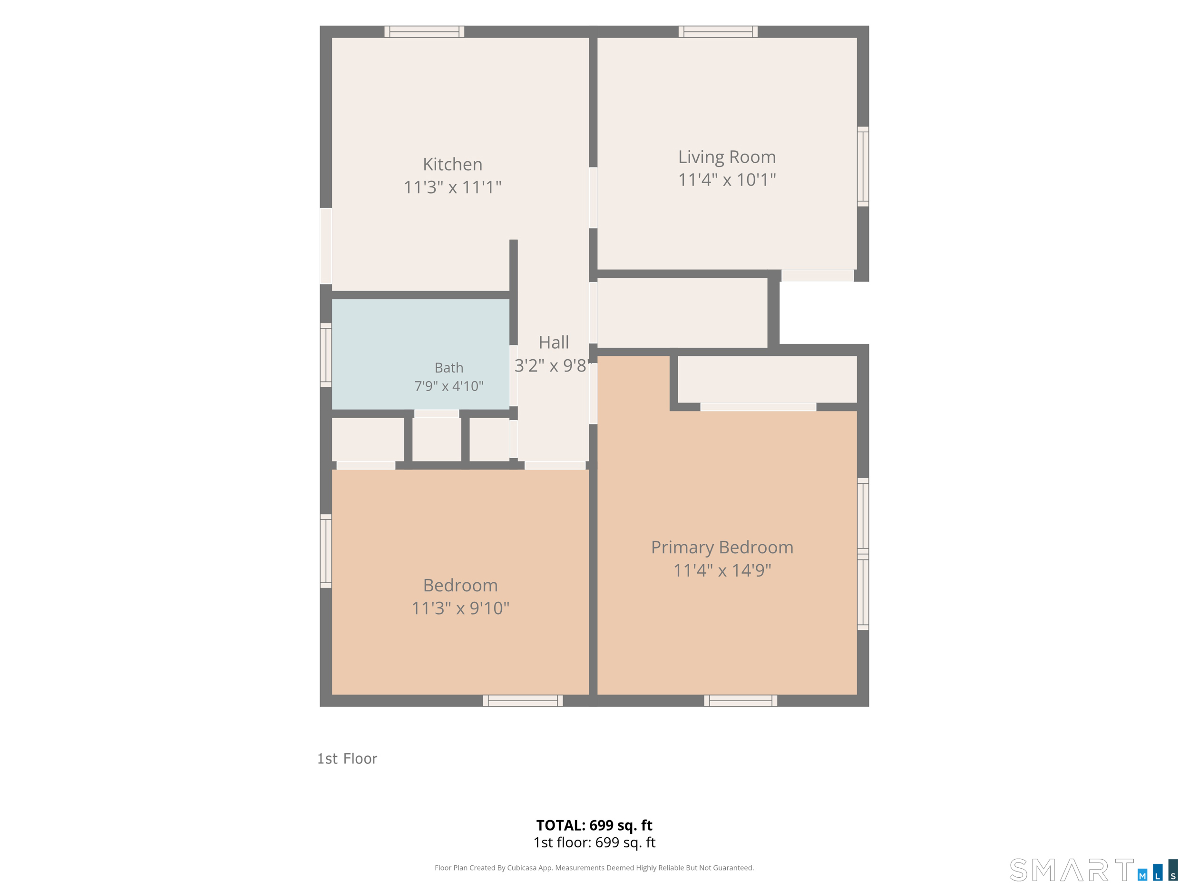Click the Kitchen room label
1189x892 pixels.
(453, 164)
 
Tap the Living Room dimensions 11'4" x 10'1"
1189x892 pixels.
(727, 179)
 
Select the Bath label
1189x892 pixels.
(449, 368)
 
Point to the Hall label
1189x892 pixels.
(554, 343)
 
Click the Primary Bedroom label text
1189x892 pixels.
(722, 548)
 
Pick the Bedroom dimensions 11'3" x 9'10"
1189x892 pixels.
(460, 608)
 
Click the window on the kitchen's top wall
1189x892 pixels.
(424, 32)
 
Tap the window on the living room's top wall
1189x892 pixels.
(718, 32)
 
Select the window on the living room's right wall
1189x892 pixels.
(863, 166)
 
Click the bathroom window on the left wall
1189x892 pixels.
(326, 355)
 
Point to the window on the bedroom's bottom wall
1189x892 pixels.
(523, 701)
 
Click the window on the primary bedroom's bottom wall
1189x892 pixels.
(740, 701)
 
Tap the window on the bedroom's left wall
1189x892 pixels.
(326, 550)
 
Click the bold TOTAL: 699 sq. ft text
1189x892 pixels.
(594, 825)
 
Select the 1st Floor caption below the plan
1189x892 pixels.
(347, 759)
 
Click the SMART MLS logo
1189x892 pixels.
(1093, 870)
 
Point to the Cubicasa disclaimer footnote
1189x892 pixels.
(594, 868)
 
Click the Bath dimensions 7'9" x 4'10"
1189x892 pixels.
(449, 386)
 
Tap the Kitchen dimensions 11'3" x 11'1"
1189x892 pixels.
(453, 187)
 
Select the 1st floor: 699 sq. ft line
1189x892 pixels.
(594, 843)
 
